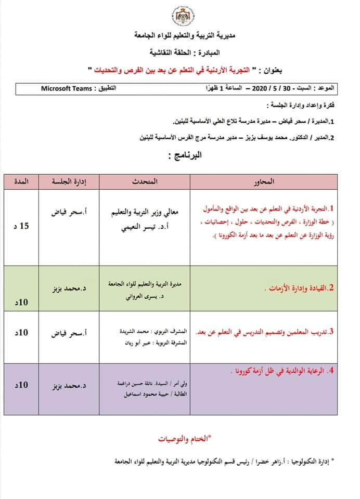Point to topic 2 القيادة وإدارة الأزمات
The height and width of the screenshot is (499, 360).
299,287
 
